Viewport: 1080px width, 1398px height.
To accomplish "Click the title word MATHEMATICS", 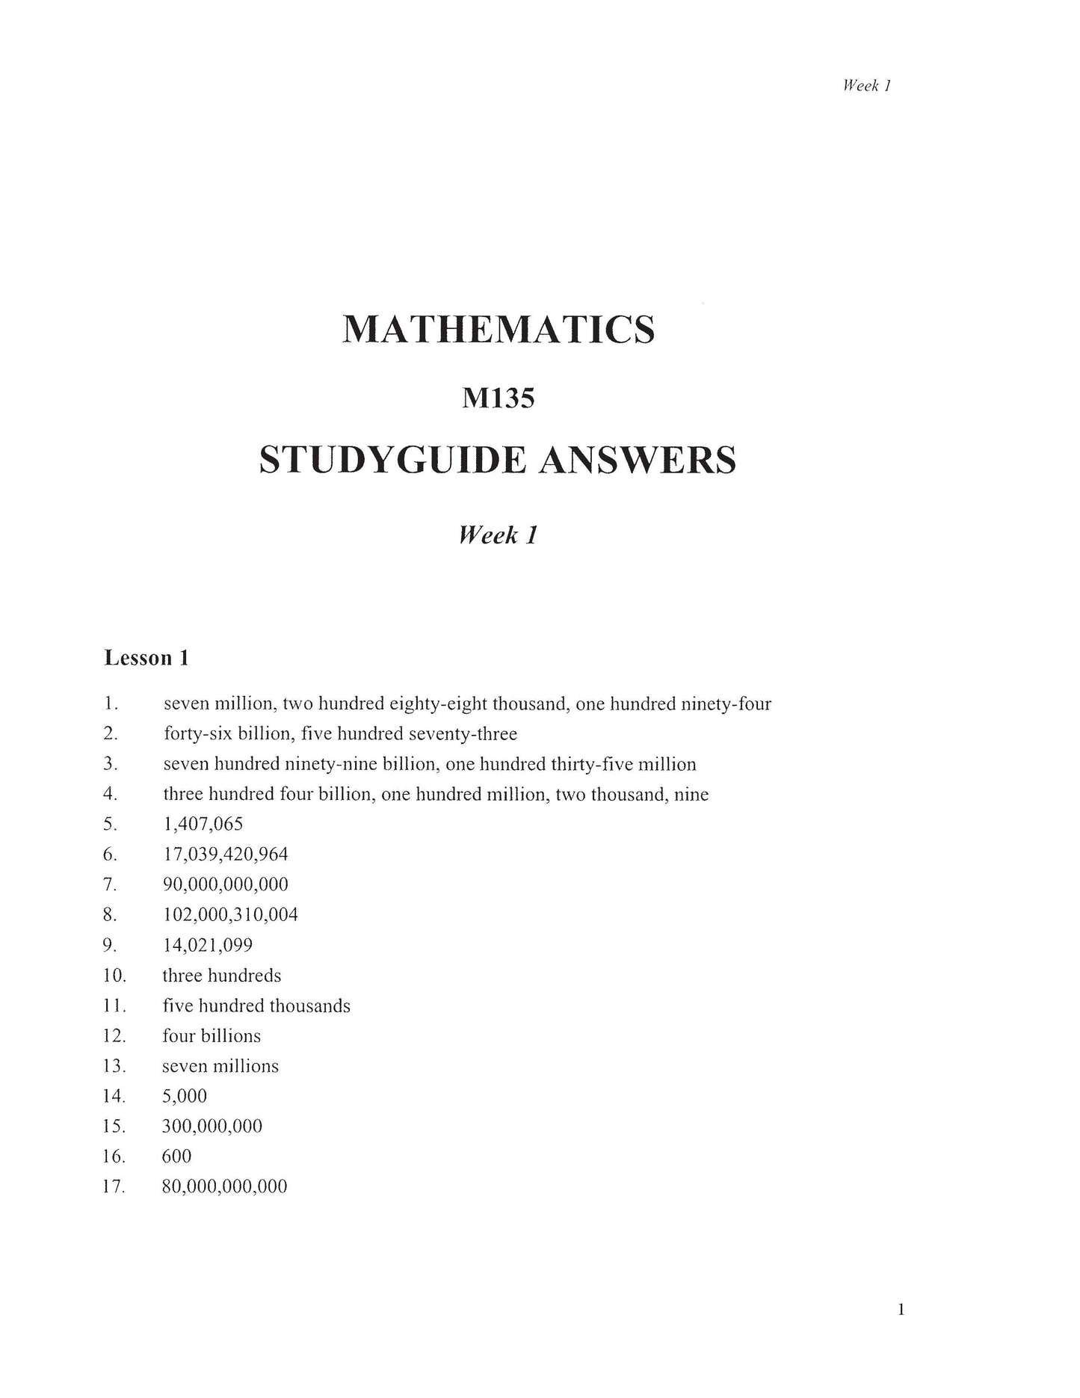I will [499, 329].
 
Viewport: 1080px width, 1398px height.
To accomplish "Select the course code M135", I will [499, 398].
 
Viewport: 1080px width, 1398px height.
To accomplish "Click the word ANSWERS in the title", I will [637, 460].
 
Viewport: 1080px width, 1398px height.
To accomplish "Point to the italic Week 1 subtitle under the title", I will [498, 535].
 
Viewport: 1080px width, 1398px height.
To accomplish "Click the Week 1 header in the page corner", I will [866, 85].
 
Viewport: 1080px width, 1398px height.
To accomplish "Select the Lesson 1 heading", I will [146, 658].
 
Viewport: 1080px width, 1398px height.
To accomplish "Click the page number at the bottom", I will [901, 1309].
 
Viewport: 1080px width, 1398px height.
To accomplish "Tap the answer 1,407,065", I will [203, 825].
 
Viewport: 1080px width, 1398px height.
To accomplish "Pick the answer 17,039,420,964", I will [225, 854].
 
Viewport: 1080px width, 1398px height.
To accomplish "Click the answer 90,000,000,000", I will [225, 884].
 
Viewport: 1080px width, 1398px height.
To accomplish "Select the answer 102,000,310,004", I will [230, 914].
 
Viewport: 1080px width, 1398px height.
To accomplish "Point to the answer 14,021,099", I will [208, 945].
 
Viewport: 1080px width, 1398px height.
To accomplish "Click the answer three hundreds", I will [222, 976].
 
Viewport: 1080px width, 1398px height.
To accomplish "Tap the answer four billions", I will [212, 1036].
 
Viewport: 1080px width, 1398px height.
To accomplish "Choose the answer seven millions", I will [220, 1066].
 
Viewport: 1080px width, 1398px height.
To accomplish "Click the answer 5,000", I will [184, 1096].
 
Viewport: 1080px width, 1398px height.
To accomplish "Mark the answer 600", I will [176, 1157].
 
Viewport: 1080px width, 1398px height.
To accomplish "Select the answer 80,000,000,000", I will [224, 1186].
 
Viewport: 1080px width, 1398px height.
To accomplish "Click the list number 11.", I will [114, 1006].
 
